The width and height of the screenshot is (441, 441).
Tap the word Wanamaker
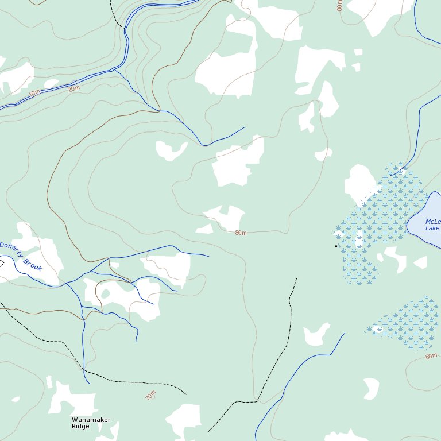tap(91, 420)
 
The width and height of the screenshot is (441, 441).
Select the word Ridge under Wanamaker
tap(80, 427)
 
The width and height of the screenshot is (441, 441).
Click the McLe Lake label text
tap(432, 225)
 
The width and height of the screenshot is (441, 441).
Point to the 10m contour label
tap(34, 93)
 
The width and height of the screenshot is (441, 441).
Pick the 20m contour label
tap(74, 89)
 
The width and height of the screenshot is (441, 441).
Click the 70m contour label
tap(150, 395)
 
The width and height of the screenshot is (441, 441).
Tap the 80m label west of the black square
tap(241, 233)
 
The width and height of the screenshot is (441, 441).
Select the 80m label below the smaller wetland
tap(431, 357)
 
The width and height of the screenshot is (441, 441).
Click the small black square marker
tap(336, 246)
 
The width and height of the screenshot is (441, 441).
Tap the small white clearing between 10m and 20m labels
tap(52, 84)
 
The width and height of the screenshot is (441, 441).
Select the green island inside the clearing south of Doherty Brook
tap(105, 294)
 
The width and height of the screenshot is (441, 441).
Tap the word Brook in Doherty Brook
tap(33, 264)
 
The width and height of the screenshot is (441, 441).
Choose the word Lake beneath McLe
tap(432, 229)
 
